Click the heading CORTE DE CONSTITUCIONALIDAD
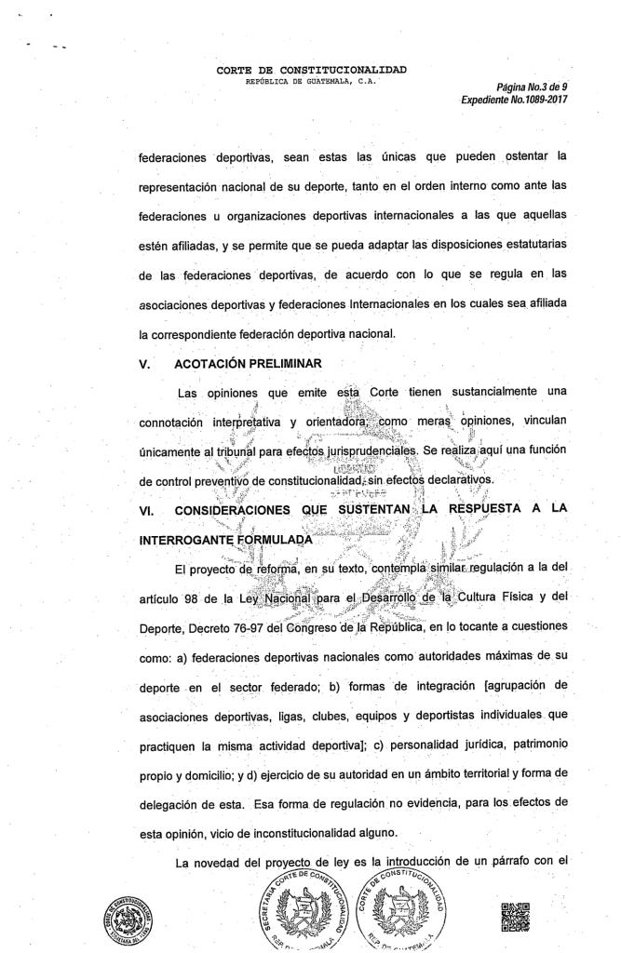click(x=311, y=69)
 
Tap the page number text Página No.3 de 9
click(x=532, y=87)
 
